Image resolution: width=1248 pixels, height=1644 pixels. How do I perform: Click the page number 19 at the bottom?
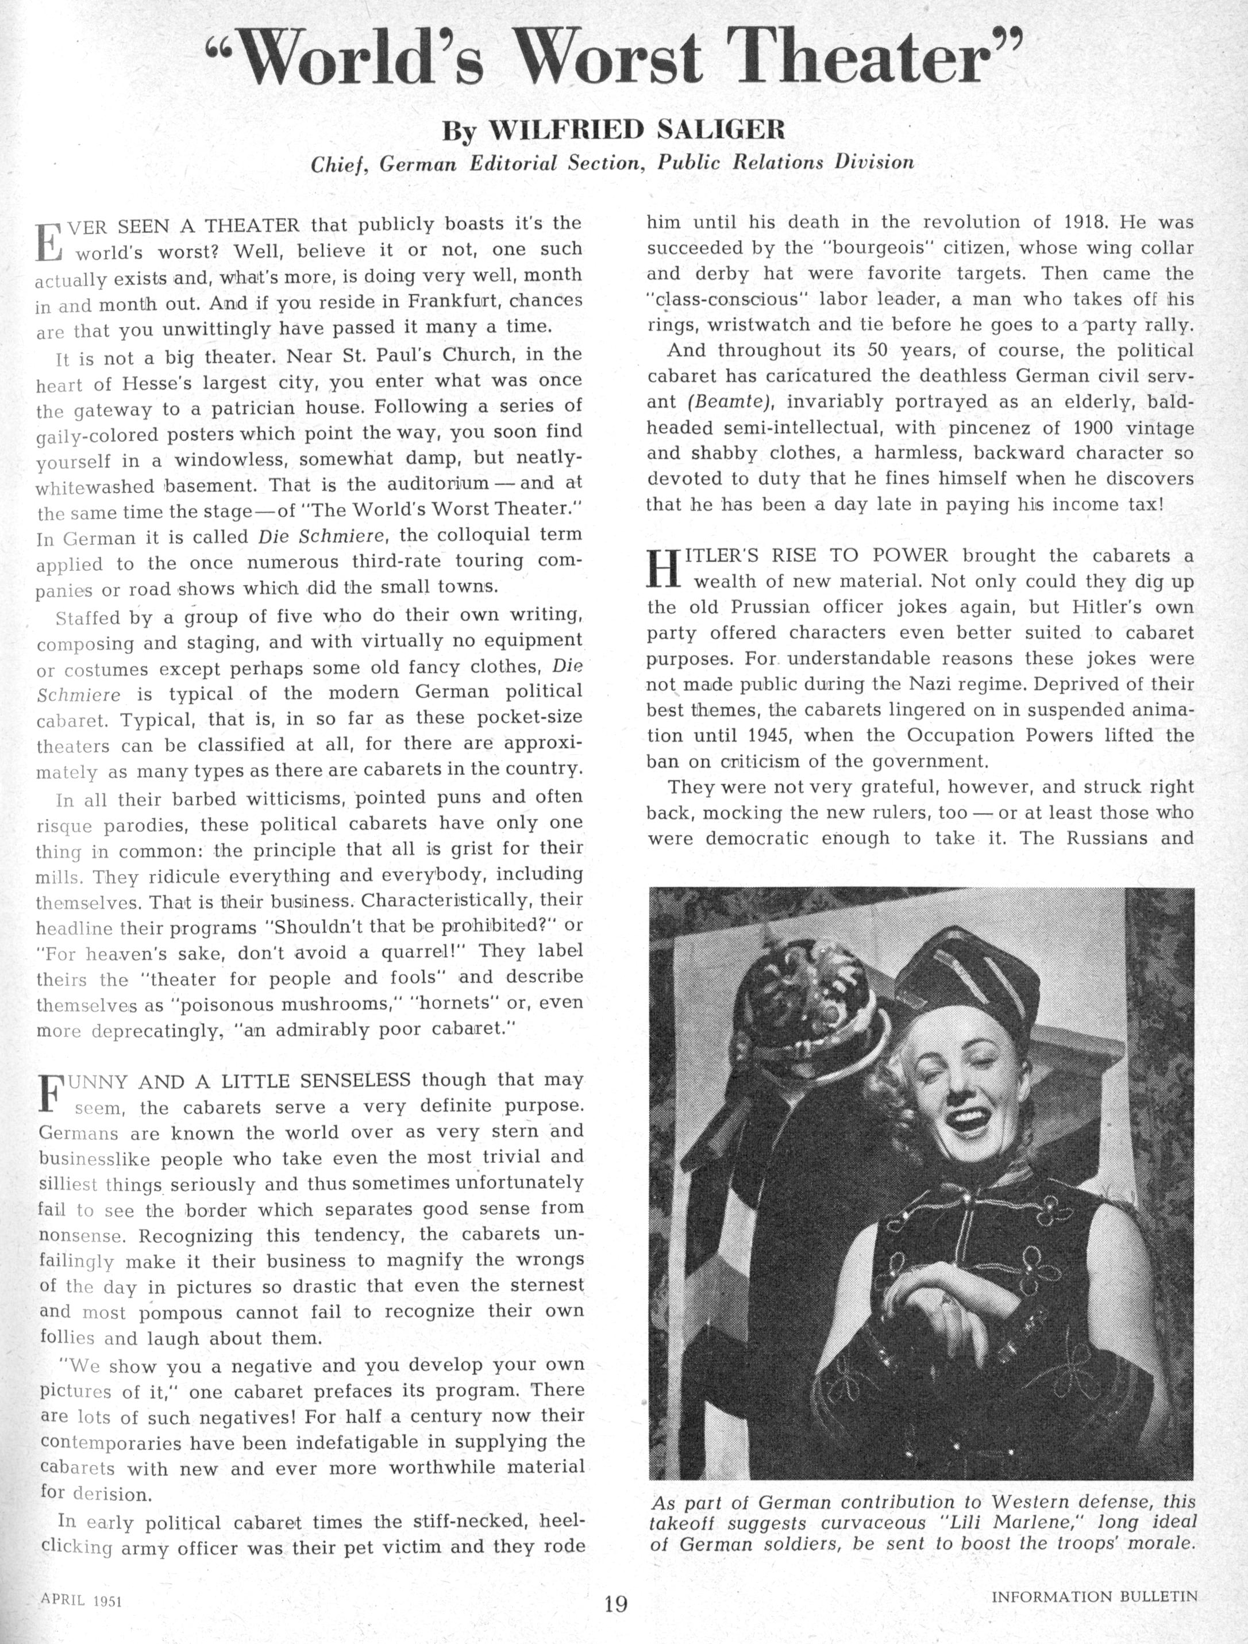(x=616, y=1603)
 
